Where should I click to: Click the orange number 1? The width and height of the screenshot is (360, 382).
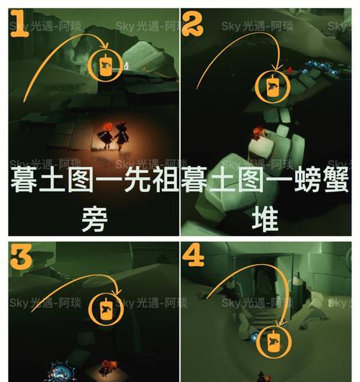pyautogui.click(x=20, y=29)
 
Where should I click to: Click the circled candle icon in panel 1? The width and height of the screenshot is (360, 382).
pyautogui.click(x=105, y=66)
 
